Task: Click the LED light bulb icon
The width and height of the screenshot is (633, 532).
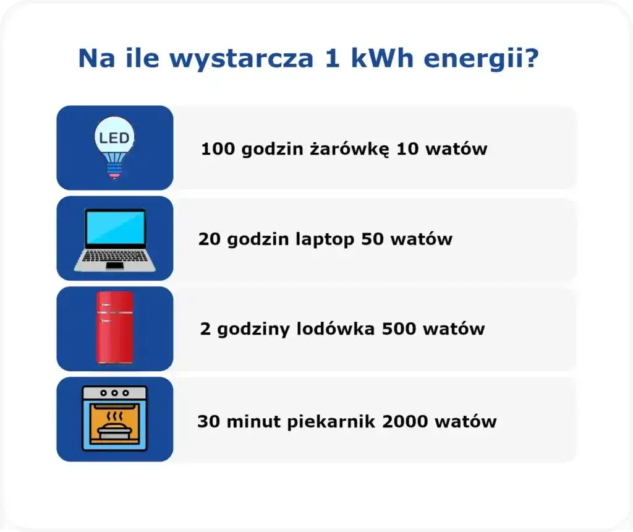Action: pos(114,147)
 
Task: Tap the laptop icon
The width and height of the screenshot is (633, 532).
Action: pos(114,239)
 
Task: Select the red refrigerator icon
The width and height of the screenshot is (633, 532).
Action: pos(114,328)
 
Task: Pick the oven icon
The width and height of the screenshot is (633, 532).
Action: pos(114,419)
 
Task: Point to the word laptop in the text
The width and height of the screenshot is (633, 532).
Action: pos(324,240)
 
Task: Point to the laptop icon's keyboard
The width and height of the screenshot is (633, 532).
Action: pos(114,255)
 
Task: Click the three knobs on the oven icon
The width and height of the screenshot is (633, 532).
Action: pos(114,393)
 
